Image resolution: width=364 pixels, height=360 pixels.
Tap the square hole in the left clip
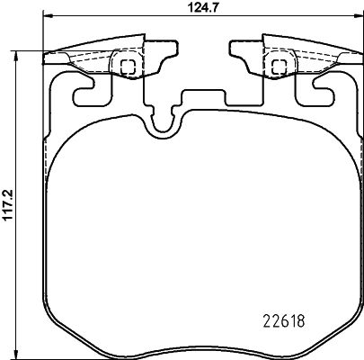point(127,65)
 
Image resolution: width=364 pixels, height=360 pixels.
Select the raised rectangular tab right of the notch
point(202,99)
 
